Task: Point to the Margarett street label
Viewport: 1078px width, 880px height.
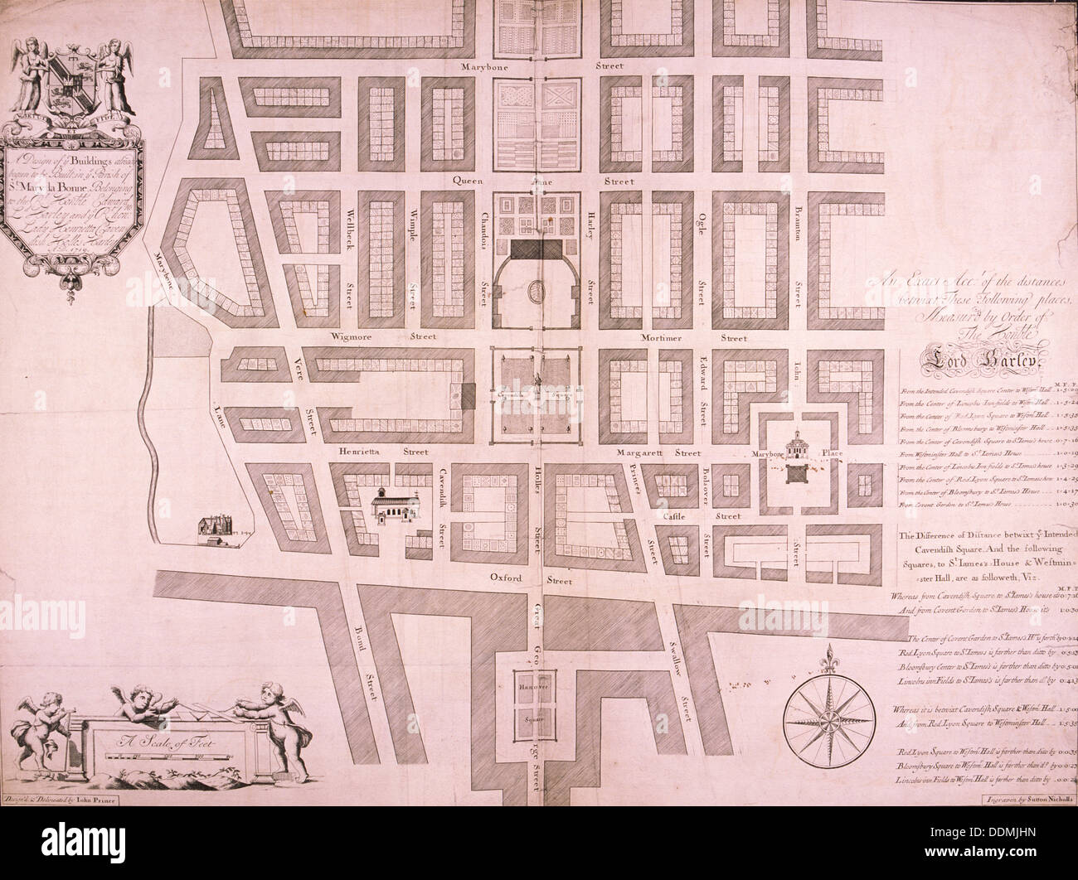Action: tap(648, 453)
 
